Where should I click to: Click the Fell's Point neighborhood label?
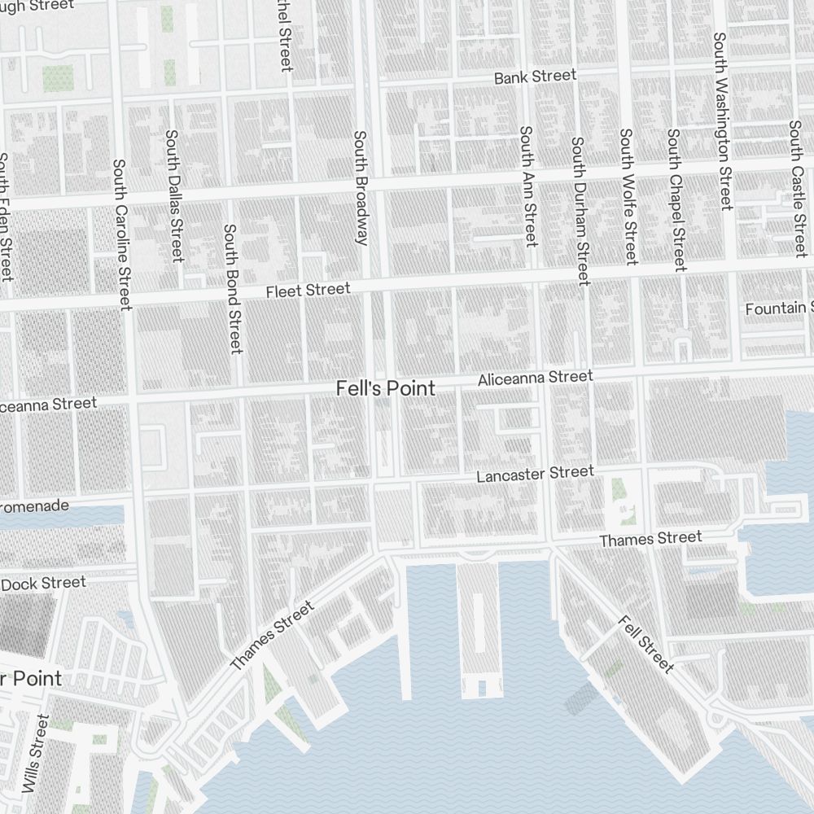[x=385, y=389]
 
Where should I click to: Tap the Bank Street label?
[x=535, y=77]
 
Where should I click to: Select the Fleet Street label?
[x=309, y=291]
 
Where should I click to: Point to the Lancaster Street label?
[x=535, y=474]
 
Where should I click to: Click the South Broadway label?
[x=361, y=187]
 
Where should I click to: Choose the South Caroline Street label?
[x=122, y=234]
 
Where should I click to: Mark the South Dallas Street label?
[x=173, y=195]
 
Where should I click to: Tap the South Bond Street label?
[x=233, y=289]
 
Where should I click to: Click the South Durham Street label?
[x=579, y=210]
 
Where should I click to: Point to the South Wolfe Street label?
[x=627, y=196]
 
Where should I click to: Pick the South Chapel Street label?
[x=676, y=199]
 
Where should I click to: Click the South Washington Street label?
[x=723, y=121]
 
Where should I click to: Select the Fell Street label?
[x=646, y=645]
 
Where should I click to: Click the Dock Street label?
[x=42, y=584]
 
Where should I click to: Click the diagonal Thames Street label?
[x=272, y=637]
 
